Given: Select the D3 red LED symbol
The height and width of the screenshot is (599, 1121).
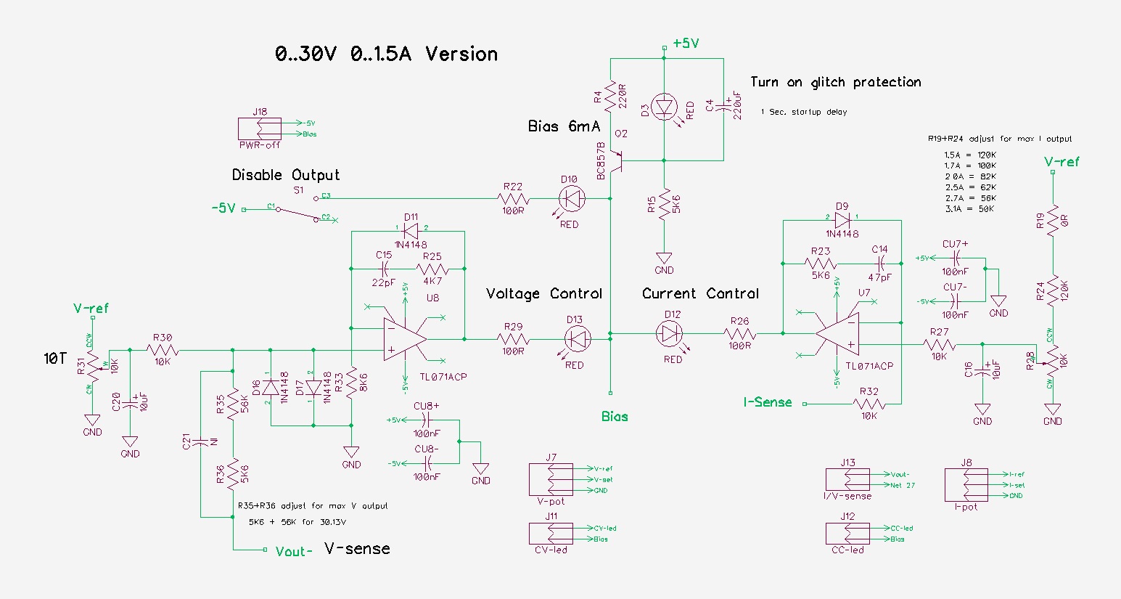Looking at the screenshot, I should pos(665,107).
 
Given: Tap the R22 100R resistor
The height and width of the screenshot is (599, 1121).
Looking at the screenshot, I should pos(513,198).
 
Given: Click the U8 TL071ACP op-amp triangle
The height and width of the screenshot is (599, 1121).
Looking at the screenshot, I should pos(405,339).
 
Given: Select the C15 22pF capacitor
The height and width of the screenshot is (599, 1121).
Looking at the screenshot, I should pos(384,269).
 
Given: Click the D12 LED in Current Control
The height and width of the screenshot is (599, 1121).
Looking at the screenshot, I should pos(669,333).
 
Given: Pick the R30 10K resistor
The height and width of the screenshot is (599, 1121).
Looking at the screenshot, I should pos(163,350).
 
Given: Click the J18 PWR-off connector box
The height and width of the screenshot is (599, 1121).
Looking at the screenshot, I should pos(259,129).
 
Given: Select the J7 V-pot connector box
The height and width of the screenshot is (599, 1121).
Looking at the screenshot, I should pos(551,480).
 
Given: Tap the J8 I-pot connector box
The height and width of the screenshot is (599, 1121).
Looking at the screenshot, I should pos(966,485).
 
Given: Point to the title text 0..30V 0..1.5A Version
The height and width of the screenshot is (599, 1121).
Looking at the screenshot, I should pos(386,54).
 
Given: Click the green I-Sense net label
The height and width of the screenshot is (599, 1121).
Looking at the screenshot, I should pos(767,402).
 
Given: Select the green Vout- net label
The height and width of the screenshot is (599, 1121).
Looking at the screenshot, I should pos(294,552).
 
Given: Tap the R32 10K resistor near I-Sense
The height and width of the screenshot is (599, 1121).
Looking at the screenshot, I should pos(869,404).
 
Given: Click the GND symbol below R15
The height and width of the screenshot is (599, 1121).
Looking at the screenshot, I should pos(664,259).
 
